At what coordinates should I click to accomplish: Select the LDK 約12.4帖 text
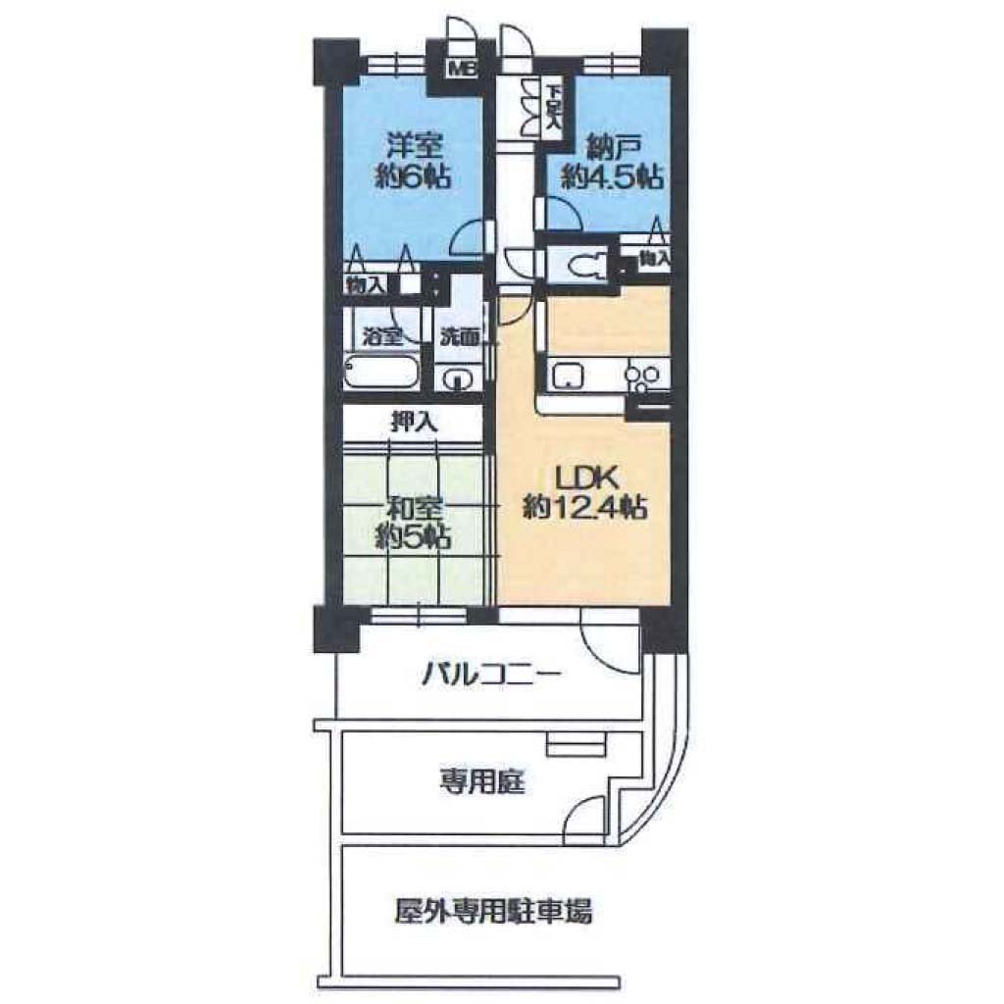point(584,492)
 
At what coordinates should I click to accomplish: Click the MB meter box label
point(463,68)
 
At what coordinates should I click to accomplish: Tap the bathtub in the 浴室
point(381,371)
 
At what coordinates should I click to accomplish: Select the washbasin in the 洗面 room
point(457,379)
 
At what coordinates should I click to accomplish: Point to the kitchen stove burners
point(644,376)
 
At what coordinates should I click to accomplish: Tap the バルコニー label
point(491,675)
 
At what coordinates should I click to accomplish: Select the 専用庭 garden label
point(482,781)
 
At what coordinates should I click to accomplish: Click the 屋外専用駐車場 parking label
point(492,911)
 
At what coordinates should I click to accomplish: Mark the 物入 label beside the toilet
point(654,259)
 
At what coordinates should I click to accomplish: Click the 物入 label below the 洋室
point(366,285)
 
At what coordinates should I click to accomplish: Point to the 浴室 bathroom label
point(382,336)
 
